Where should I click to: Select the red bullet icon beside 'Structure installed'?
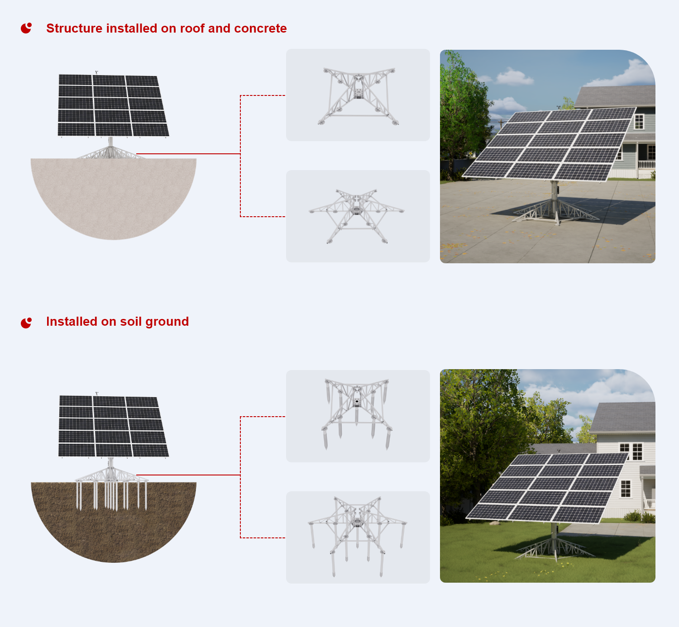[x=26, y=28]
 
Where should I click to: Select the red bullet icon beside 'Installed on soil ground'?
[x=26, y=323]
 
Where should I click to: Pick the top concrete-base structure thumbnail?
[x=358, y=95]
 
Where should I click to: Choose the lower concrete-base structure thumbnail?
[x=358, y=216]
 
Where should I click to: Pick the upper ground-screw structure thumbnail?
[x=358, y=416]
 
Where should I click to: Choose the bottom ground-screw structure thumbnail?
[x=358, y=537]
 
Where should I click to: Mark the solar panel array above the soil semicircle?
[x=113, y=426]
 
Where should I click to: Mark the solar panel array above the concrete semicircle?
[x=113, y=105]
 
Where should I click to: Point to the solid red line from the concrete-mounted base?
[x=188, y=154]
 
